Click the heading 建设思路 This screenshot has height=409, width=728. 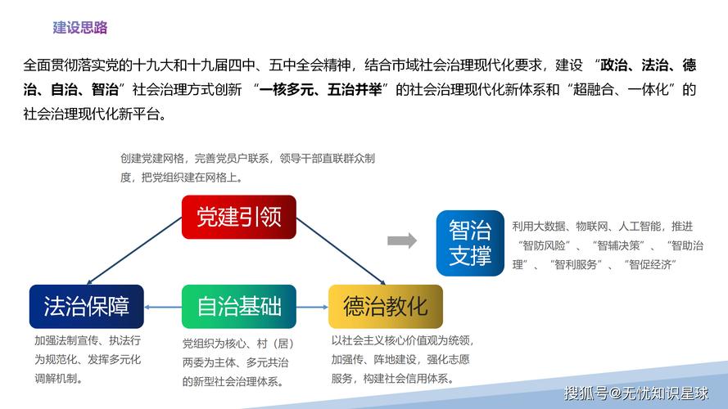coord(80,28)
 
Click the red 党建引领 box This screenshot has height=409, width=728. coord(238,217)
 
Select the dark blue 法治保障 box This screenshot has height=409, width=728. coord(86,307)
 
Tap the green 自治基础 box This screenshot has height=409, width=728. coord(238,307)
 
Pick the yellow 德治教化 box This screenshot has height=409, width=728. coord(385,307)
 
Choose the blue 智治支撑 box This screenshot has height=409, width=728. coord(470,243)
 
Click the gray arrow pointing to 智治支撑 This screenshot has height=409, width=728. coord(401,240)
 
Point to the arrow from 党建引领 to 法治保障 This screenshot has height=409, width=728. coord(135,249)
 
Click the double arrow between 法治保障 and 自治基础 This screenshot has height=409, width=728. coord(162,308)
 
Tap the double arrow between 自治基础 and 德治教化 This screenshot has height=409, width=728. coord(312,308)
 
